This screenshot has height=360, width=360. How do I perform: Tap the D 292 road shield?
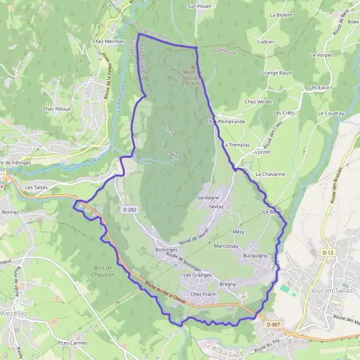[130, 209]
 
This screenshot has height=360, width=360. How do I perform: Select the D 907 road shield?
[274, 325]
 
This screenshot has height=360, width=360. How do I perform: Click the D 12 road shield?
[327, 253]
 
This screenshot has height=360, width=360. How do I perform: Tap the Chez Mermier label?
[108, 41]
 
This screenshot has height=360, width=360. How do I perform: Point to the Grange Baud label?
[276, 73]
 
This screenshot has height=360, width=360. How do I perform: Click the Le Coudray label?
[331, 113]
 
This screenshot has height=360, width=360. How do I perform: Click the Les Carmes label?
[75, 343]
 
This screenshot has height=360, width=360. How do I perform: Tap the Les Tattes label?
[37, 187]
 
